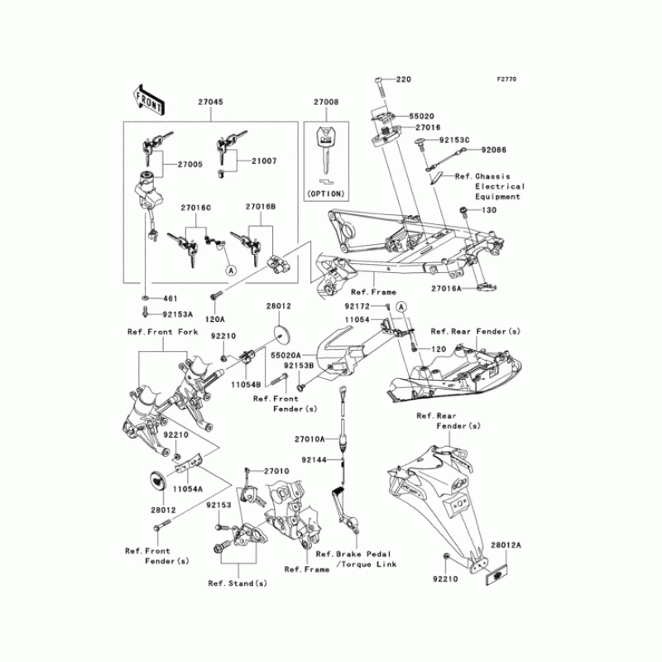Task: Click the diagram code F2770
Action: [x=506, y=79]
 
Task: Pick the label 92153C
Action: [x=454, y=142]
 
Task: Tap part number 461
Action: [x=170, y=297]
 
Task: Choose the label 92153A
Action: [x=177, y=314]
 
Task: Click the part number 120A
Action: [x=215, y=318]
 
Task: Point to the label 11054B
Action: [x=247, y=385]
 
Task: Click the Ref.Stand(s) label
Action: [x=237, y=583]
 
